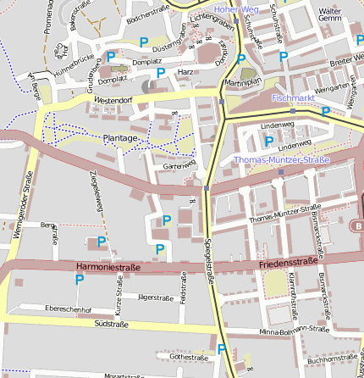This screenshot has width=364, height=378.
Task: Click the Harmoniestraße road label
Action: pyautogui.click(x=108, y=266)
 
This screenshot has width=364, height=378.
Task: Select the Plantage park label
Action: pyautogui.click(x=120, y=137)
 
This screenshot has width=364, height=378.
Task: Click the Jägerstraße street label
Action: pyautogui.click(x=155, y=297)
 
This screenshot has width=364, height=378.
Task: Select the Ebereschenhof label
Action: pyautogui.click(x=68, y=309)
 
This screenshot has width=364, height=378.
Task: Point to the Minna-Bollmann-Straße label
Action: pyautogui.click(x=294, y=329)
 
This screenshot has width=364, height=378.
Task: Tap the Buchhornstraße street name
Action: pyautogui.click(x=334, y=360)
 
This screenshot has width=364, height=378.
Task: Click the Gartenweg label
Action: pyautogui.click(x=179, y=164)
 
